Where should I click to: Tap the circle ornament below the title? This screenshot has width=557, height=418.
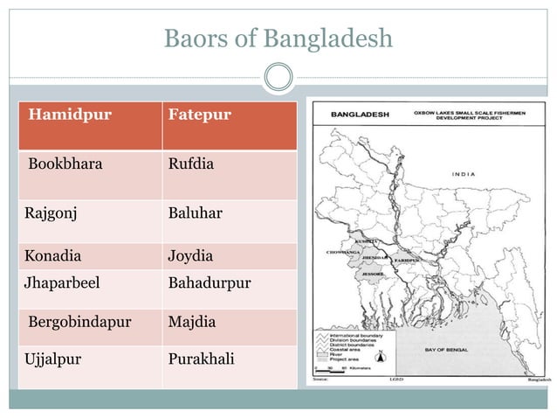click(x=278, y=77)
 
